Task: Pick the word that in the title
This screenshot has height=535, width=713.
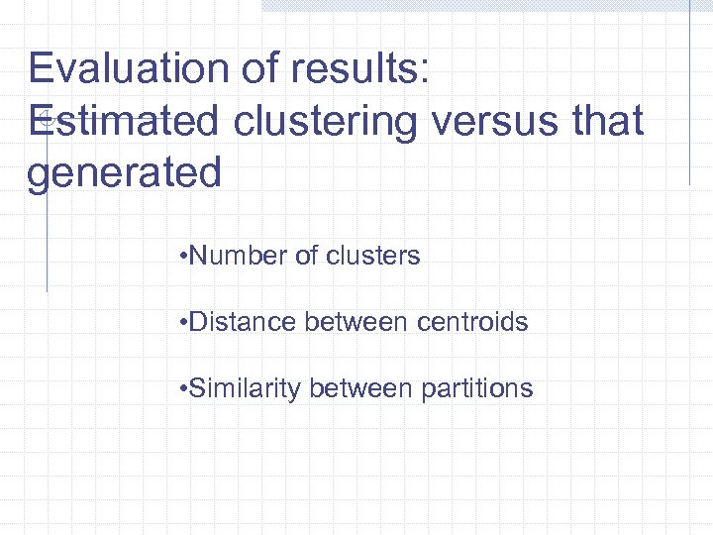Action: point(606,121)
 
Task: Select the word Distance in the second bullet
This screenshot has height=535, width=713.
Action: point(243,322)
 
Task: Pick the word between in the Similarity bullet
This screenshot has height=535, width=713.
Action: point(360,388)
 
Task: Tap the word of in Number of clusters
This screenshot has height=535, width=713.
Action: point(307,256)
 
